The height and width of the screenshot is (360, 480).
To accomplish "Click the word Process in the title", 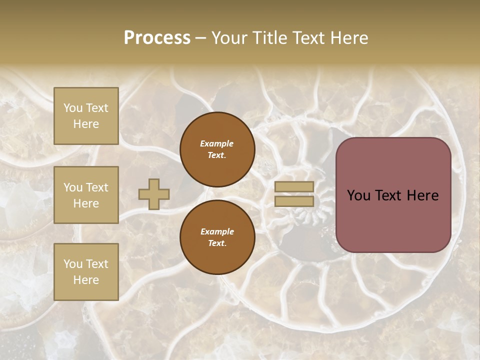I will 157,38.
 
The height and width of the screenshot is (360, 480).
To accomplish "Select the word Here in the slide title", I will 348,38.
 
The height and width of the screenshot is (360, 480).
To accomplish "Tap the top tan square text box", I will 86,116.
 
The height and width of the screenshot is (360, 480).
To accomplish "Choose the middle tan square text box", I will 86,195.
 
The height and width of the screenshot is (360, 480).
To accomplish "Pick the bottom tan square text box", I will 86,272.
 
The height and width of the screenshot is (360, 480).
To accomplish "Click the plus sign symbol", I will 154,194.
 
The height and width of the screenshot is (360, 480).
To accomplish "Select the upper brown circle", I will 217,149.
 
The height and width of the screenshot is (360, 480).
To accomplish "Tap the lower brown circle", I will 217,237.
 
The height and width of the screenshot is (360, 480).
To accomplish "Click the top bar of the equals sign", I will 294,187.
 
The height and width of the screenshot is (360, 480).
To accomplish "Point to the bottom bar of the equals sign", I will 294,201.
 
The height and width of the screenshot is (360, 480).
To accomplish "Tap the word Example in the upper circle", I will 217,143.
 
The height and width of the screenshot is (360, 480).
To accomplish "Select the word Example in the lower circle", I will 217,231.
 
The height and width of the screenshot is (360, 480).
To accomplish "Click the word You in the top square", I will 73,108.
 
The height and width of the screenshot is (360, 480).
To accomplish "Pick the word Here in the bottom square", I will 86,280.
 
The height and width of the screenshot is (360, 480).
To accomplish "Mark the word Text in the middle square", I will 97,187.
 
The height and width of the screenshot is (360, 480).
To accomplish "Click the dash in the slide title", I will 201,38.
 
